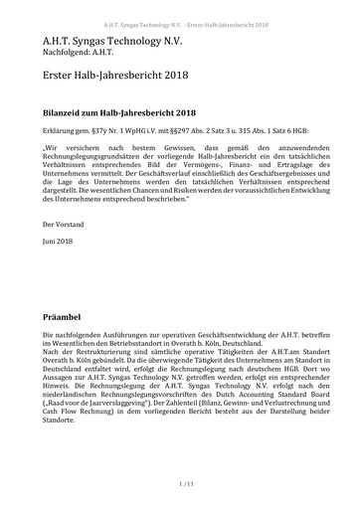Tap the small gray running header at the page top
coord(180,7)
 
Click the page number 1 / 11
coord(180,482)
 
